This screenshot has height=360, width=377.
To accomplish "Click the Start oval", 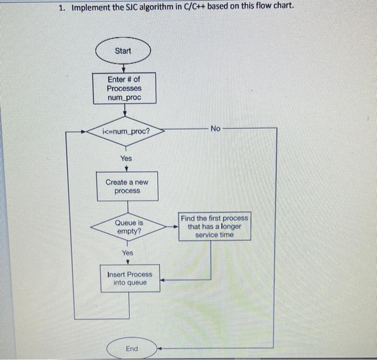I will click(123, 51).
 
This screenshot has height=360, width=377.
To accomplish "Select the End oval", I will click(131, 349).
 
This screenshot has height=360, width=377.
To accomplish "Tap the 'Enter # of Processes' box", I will click(124, 88).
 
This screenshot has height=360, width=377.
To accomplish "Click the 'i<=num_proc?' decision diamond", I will click(125, 131).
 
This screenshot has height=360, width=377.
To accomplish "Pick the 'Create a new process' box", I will click(127, 187).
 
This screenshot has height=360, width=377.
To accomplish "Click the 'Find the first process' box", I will click(214, 226).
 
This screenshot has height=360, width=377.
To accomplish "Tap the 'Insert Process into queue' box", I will click(130, 278).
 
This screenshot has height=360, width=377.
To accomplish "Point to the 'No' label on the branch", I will click(215, 129).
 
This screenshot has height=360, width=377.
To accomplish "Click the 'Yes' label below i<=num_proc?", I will click(125, 158).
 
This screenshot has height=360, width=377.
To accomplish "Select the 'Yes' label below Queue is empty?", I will click(128, 252).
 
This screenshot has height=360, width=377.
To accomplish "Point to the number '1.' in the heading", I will click(62, 7).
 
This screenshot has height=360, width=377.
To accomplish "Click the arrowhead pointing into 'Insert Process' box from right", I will click(163, 280).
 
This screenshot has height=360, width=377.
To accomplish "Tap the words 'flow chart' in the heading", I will click(274, 6).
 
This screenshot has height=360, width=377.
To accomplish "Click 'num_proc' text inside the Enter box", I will click(124, 97).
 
